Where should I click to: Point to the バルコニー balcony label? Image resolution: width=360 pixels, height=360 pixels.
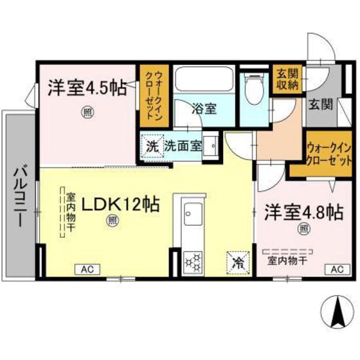19,193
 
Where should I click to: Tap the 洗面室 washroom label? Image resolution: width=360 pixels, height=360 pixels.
183,145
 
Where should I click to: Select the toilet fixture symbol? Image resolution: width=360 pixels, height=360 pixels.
253,90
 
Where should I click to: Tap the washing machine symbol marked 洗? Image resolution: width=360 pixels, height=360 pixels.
152,145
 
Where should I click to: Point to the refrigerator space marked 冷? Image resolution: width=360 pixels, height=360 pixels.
237,262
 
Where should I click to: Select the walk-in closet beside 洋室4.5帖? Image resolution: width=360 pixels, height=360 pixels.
155,96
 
